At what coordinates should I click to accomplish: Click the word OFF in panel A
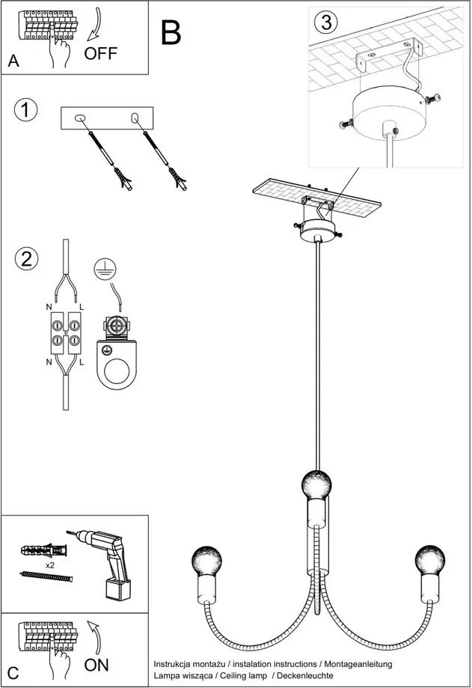click(x=101, y=53)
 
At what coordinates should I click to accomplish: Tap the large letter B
click(x=171, y=32)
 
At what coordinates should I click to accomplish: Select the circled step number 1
click(x=25, y=110)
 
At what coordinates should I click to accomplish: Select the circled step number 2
click(x=25, y=259)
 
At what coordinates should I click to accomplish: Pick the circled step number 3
click(x=325, y=22)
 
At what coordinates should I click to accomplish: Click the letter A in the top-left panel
click(x=13, y=62)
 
